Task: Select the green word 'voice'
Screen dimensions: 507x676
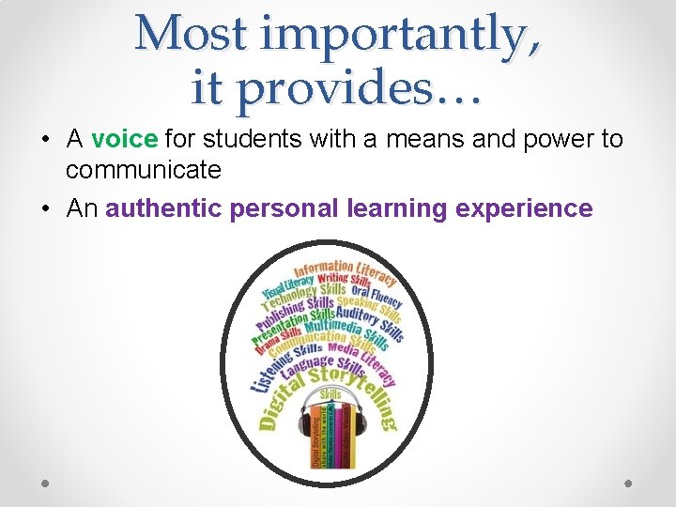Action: pos(124,140)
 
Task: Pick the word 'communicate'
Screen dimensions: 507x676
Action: pos(143,170)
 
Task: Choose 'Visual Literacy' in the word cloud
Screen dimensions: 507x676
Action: pos(288,281)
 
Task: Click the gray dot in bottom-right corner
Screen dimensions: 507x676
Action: pos(629,483)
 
